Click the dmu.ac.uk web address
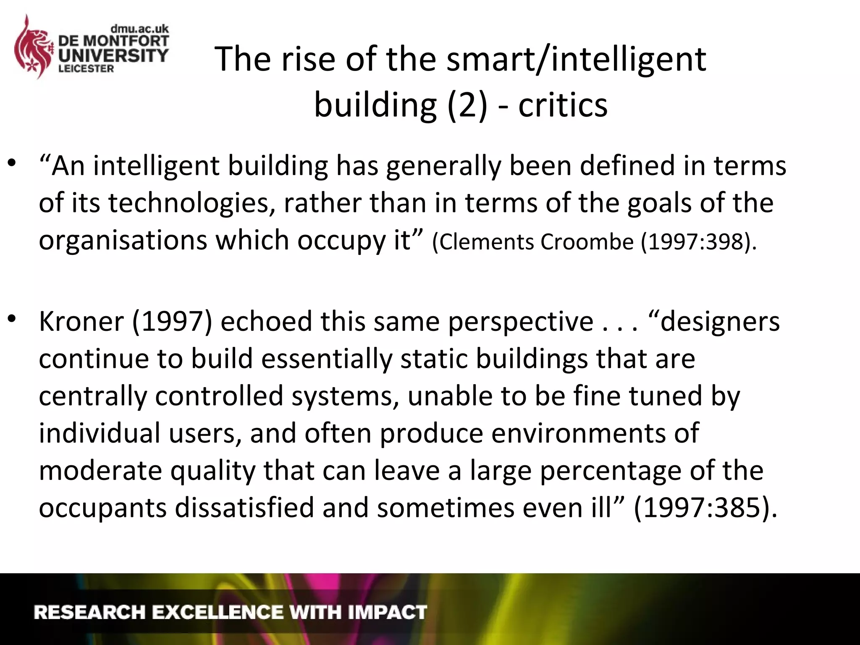point(139,29)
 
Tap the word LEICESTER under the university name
point(86,69)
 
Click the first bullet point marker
point(12,163)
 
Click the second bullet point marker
point(12,319)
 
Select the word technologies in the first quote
point(191,203)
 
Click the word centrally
point(92,396)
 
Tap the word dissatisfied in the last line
point(244,508)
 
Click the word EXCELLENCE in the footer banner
point(217,612)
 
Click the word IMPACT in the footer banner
point(387,612)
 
